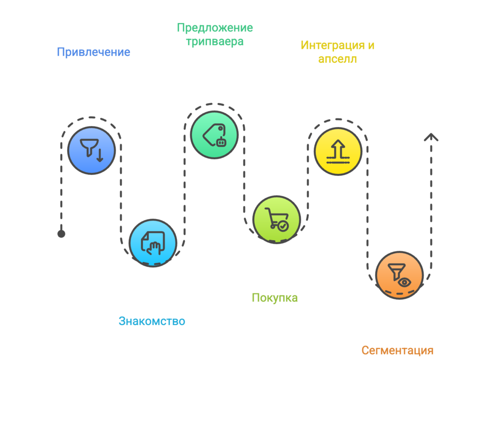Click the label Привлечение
(x=93, y=52)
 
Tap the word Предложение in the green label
(x=215, y=28)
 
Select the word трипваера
(x=215, y=42)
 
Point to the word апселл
(x=337, y=59)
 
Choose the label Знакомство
(x=152, y=321)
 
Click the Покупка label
(x=275, y=298)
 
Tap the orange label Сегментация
(x=397, y=350)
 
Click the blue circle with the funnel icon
(x=91, y=150)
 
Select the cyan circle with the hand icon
(x=153, y=243)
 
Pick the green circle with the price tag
(x=214, y=135)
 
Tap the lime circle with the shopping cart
(x=276, y=220)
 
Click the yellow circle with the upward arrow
(x=338, y=151)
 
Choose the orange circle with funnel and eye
(x=400, y=275)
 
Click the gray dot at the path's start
(x=61, y=234)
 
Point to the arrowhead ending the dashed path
(x=431, y=137)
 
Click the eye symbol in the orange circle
(x=405, y=282)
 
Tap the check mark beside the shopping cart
(x=284, y=226)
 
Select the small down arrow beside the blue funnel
(x=99, y=155)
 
